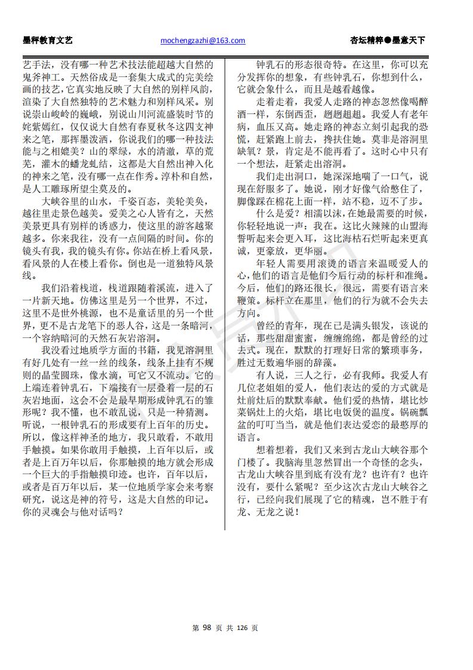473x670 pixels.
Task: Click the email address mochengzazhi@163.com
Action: pos(203,41)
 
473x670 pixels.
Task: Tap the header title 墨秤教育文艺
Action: pos(47,41)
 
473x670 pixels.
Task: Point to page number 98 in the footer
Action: pos(208,628)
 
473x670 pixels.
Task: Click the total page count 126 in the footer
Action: pos(242,628)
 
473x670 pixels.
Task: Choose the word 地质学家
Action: pos(141,486)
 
